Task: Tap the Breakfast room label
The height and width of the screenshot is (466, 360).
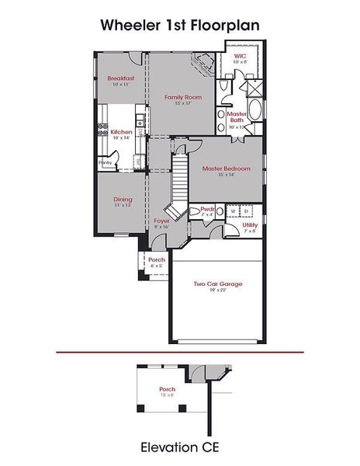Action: coord(122,78)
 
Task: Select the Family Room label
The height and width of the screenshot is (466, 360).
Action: coord(183,97)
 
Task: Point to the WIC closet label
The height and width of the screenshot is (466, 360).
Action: coord(240,55)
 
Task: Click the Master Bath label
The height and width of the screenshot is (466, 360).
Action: coord(237,116)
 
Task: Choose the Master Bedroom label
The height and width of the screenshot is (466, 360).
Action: coord(227,169)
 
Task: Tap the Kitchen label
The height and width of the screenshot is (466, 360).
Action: coord(121,132)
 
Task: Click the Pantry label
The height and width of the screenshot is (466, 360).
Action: coord(105,162)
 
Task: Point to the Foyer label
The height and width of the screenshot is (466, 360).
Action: coord(161,221)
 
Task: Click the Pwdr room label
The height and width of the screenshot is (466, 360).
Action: coord(207,209)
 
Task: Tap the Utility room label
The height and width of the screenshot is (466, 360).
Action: coord(251,224)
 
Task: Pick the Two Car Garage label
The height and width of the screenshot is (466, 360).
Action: coord(218,283)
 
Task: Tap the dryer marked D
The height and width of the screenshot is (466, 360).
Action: coord(245,210)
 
